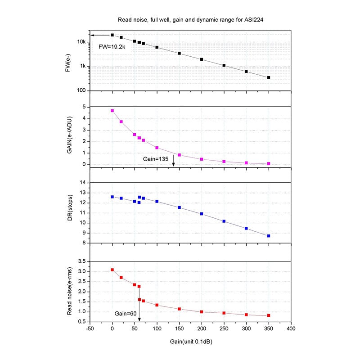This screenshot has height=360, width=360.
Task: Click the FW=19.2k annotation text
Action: tap(112, 46)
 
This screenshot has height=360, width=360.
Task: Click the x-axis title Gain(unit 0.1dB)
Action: tap(191, 342)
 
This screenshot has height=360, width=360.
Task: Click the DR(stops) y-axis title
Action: tap(69, 212)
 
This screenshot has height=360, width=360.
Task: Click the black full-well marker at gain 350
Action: tap(269, 77)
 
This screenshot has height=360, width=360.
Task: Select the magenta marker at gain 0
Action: tap(112, 111)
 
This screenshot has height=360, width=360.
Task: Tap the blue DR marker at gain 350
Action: tap(269, 236)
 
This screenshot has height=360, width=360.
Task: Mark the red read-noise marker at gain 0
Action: tap(112, 270)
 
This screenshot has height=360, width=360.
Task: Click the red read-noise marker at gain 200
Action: tap(202, 311)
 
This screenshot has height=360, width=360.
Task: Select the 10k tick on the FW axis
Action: tap(81, 42)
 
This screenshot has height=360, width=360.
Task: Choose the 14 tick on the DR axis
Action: tap(82, 183)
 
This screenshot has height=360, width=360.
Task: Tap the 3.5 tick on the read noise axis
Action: tap(81, 261)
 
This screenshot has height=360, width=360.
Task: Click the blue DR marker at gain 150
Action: tap(179, 207)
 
